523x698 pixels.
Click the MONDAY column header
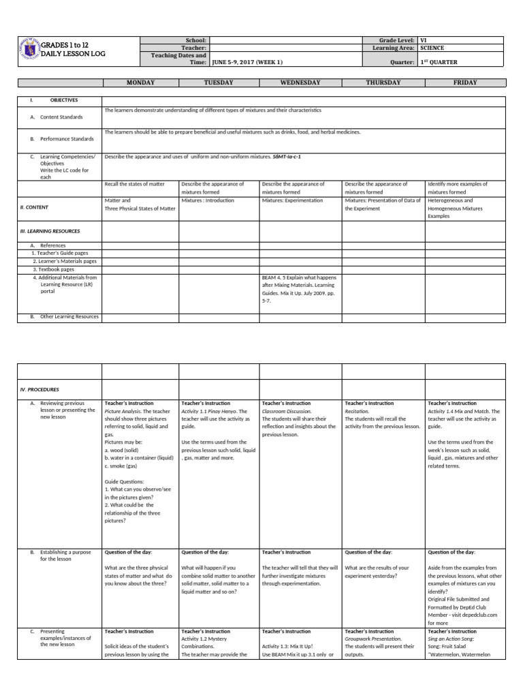coord(140,82)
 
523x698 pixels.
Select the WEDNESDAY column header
coord(300,82)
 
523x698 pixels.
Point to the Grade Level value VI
coord(424,40)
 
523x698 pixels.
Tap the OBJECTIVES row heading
coord(63,100)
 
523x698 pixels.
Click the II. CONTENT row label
coord(34,207)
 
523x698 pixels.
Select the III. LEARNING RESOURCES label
coord(50,231)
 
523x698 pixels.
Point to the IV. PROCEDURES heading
coord(39,389)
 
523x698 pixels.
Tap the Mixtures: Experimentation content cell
coord(291,200)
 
